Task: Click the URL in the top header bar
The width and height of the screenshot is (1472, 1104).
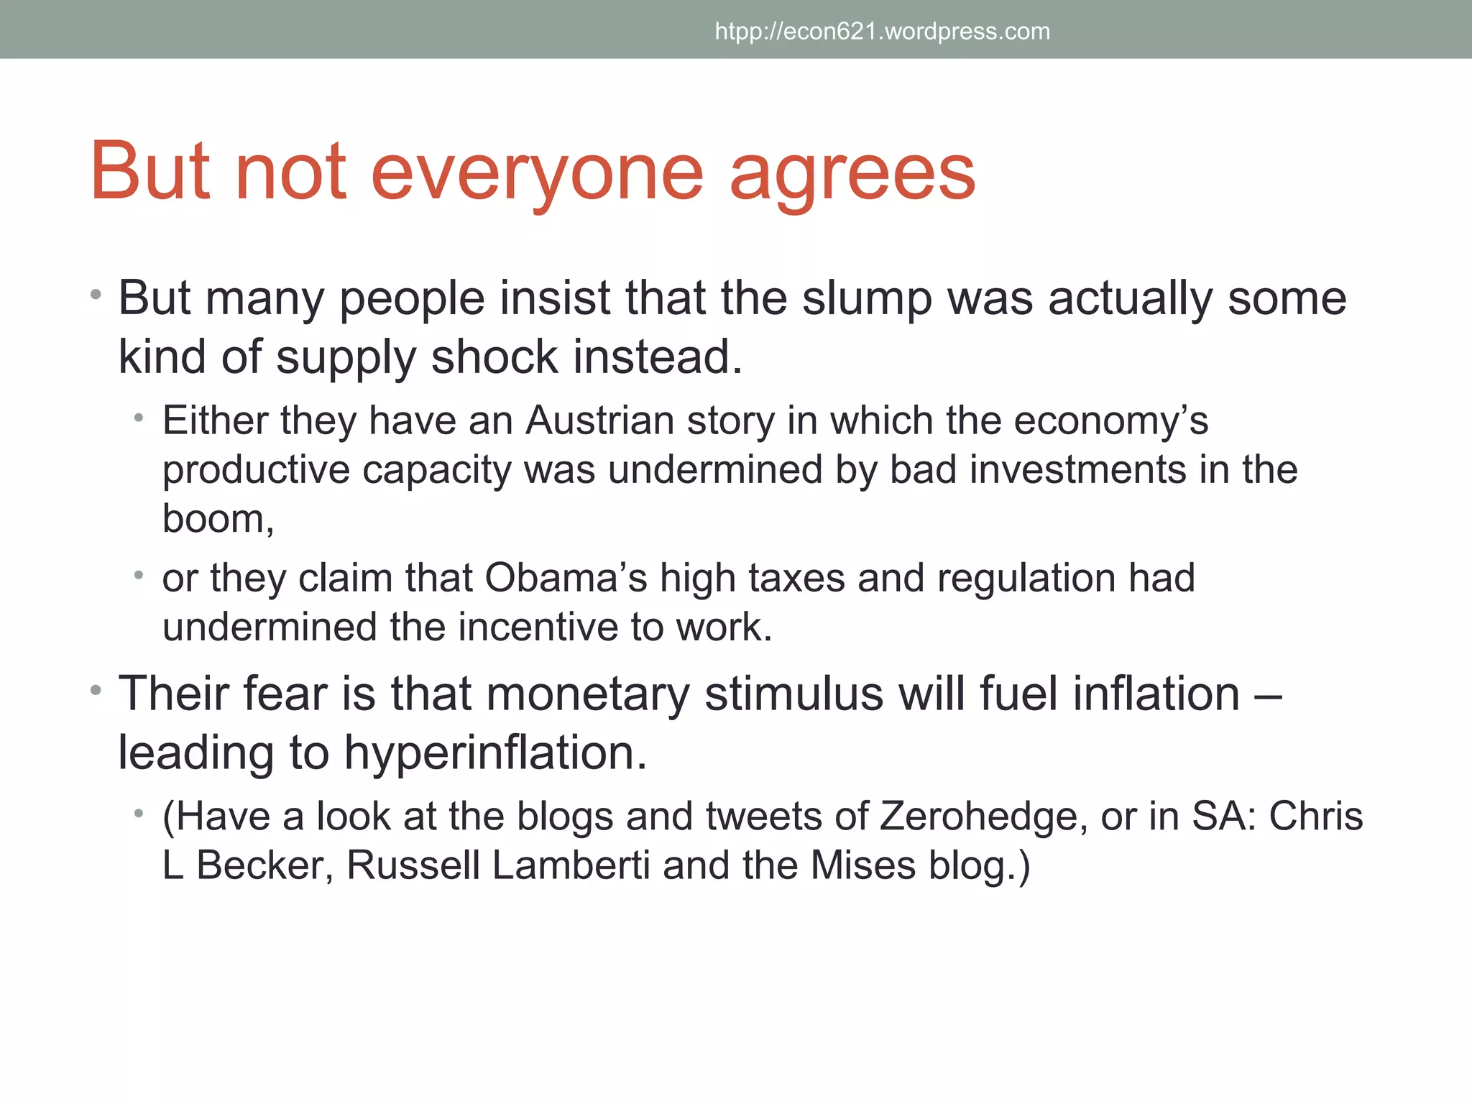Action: [x=882, y=32]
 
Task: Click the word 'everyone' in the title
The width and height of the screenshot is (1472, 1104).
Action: [x=537, y=172]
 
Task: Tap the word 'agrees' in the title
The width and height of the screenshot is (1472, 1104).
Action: [x=852, y=172]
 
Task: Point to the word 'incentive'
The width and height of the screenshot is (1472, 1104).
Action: [x=538, y=627]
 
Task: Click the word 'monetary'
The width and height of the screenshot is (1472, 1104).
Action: [x=587, y=694]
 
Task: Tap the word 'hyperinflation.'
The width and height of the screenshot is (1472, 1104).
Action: [x=495, y=753]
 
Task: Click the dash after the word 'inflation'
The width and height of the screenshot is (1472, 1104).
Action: [x=1271, y=696]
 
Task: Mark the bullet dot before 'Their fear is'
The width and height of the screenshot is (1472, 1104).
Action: [x=96, y=691]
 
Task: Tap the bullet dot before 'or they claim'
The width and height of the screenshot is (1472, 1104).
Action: [x=139, y=575]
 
